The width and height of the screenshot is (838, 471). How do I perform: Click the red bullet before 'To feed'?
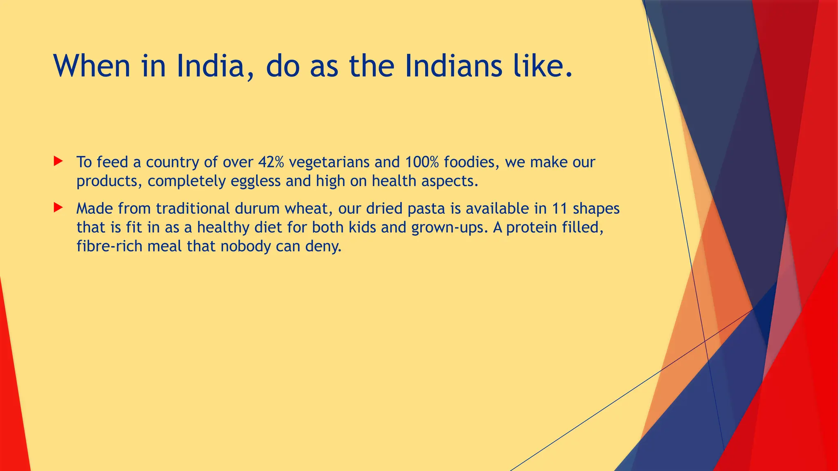(58, 161)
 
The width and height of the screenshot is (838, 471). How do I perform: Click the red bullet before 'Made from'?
(58, 208)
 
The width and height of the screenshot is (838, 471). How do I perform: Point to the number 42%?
(271, 162)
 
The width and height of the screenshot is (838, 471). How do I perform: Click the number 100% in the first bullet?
(422, 162)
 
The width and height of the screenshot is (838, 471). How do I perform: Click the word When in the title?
(92, 66)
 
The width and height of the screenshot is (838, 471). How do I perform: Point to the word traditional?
(193, 209)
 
